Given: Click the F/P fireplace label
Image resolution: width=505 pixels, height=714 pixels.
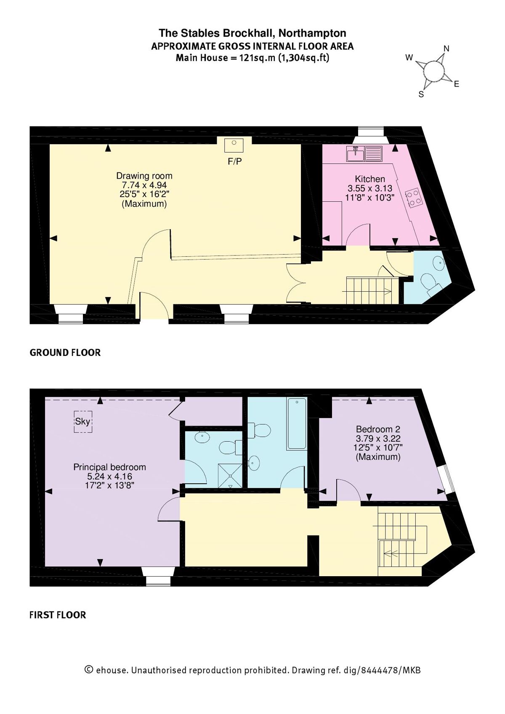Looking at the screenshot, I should click(234, 161).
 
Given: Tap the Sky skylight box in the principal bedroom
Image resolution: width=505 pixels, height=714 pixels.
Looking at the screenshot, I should click(83, 422).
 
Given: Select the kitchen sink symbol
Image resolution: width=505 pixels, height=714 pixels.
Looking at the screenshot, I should click(356, 154).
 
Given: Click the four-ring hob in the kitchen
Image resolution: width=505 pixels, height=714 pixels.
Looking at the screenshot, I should click(414, 198).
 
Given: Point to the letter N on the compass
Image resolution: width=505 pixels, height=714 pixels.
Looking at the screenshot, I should click(447, 49).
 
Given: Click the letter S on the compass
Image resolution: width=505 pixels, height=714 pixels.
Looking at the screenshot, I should click(421, 95).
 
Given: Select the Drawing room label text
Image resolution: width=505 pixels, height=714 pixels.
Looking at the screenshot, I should click(144, 176).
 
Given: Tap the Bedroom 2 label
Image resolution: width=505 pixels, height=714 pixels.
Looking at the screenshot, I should click(378, 429).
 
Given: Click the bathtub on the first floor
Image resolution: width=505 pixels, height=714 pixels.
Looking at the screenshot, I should click(297, 424).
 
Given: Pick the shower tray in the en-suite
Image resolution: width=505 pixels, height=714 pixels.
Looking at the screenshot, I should click(230, 476).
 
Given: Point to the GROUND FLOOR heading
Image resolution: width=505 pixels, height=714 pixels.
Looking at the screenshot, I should click(65, 353).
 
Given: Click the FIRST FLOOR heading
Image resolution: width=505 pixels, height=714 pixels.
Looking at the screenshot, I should click(58, 615).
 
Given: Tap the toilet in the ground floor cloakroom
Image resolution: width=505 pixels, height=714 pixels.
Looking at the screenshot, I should click(429, 283).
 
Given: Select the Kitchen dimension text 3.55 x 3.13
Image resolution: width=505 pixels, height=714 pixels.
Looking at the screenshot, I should click(369, 188).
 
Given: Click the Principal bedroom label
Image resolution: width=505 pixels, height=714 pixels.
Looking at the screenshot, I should click(109, 467).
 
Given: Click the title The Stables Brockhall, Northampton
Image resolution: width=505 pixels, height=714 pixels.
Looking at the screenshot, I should click(252, 33).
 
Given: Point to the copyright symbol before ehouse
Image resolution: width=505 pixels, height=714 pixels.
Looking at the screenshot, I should click(89, 669).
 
